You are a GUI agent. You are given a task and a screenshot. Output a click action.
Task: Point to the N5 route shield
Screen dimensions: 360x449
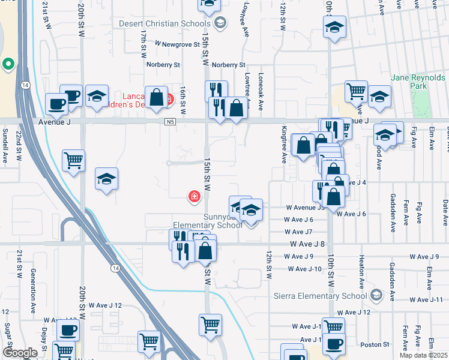click(x=169, y=121)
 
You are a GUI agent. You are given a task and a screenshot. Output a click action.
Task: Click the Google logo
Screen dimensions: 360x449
click(x=20, y=353)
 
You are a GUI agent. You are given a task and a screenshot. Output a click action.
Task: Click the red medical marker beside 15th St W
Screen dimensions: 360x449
click(x=194, y=196)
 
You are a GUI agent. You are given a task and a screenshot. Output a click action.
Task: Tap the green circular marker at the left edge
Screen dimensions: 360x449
click(x=8, y=64)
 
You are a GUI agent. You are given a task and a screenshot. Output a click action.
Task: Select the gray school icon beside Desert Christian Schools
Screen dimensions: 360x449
click(x=220, y=23)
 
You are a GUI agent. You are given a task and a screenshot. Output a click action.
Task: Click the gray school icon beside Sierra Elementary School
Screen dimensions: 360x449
click(x=376, y=295)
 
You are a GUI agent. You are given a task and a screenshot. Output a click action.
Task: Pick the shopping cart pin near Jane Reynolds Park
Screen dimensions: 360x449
click(x=356, y=91)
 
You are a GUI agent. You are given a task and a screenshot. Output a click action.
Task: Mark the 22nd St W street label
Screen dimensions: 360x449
click(x=19, y=148)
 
